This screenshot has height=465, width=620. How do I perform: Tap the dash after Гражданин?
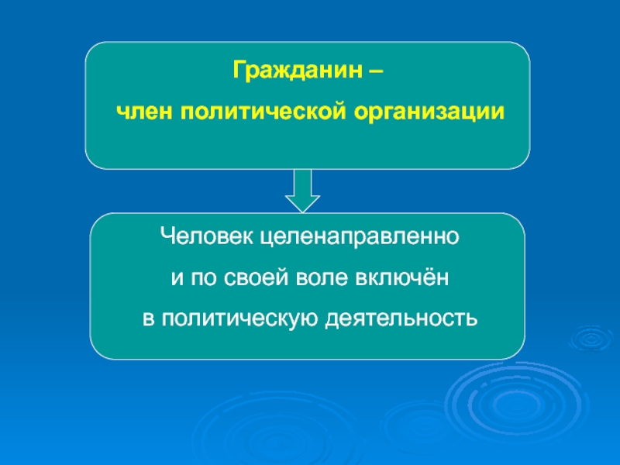click(374, 73)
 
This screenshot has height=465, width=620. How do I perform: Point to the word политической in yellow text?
click(263, 112)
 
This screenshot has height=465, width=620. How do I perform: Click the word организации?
click(429, 112)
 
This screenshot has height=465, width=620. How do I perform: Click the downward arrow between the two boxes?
click(302, 189)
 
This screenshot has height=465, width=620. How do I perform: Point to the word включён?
click(404, 277)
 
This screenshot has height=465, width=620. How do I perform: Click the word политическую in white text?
click(239, 318)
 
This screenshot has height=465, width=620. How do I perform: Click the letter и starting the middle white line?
click(174, 277)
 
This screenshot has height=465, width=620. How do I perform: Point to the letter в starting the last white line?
click(147, 319)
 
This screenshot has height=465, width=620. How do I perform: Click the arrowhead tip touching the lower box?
click(302, 210)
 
